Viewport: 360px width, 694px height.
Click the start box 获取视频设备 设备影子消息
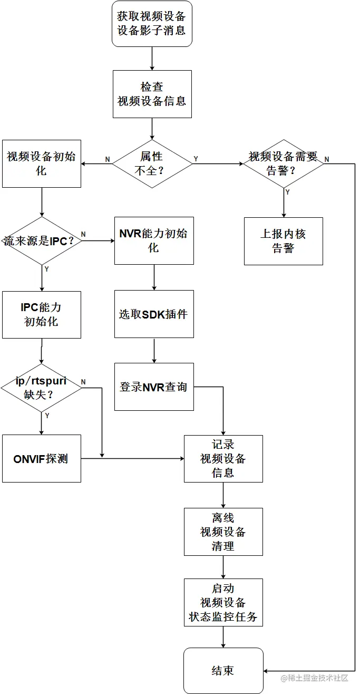pyautogui.click(x=152, y=24)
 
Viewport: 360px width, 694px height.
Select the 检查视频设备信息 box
pyautogui.click(x=152, y=94)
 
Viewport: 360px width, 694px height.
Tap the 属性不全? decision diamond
pyautogui.click(x=152, y=163)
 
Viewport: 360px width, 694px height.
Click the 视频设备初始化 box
pyautogui.click(x=41, y=163)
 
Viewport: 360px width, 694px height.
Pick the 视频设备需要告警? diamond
pyautogui.click(x=284, y=163)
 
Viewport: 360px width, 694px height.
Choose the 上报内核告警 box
pyautogui.click(x=284, y=241)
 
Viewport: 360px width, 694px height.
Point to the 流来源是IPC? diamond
pyautogui.click(x=41, y=240)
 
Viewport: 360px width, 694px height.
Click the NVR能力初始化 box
pyautogui.click(x=154, y=240)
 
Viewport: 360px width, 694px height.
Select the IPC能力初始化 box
pyautogui.click(x=41, y=314)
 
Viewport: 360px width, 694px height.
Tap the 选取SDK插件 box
pyautogui.click(x=154, y=314)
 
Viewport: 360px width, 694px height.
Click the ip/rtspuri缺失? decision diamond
pyautogui.click(x=41, y=388)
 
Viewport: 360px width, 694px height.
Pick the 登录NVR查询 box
pyautogui.click(x=154, y=387)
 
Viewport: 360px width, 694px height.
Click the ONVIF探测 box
pyautogui.click(x=41, y=458)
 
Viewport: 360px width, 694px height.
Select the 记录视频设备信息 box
pyautogui.click(x=223, y=458)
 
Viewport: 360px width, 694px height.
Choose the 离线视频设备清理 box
pyautogui.click(x=223, y=532)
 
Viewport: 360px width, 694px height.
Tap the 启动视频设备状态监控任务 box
pyautogui.click(x=223, y=602)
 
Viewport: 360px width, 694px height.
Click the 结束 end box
pyautogui.click(x=223, y=671)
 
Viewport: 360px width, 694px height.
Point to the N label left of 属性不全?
pyautogui.click(x=108, y=159)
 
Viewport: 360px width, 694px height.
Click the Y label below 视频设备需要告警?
pyautogui.click(x=287, y=192)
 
